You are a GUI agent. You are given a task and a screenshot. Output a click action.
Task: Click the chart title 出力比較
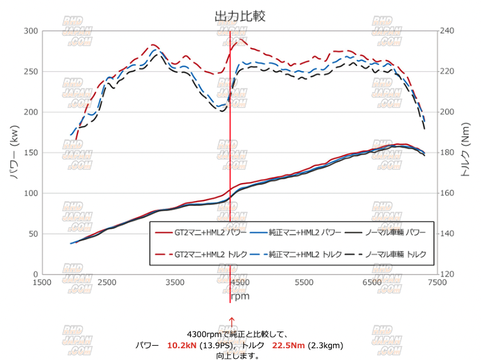[x=240, y=16]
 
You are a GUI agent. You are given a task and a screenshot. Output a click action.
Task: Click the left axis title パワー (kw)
[x=14, y=152]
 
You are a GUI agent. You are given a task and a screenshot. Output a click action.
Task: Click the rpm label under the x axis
[x=240, y=296]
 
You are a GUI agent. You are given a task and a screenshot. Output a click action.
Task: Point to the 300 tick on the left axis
[x=31, y=31]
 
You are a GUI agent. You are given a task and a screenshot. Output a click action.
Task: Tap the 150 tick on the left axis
[x=31, y=153]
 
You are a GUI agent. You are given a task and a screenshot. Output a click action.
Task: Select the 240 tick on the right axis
[x=447, y=31]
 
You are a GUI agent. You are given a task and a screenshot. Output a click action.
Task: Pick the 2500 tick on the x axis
[x=108, y=283]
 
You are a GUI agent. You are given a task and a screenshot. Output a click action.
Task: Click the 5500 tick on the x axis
[x=305, y=283]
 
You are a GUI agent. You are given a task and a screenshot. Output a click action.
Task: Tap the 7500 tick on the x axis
[x=437, y=283]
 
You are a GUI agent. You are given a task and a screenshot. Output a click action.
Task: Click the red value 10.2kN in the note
[x=181, y=345]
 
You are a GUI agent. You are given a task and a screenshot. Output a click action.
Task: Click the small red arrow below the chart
[x=232, y=321]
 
